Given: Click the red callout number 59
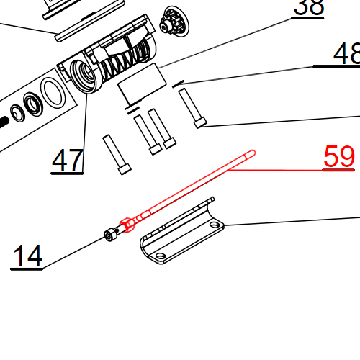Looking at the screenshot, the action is coord(339,157).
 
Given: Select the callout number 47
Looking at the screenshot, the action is coord(68,160).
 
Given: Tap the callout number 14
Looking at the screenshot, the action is coord(27,256).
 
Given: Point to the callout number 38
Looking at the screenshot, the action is coord(309,7).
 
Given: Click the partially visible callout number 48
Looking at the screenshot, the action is coord(347,54).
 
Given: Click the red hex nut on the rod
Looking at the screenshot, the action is coord(127,225).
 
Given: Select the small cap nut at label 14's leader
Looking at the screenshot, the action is coord(110,235).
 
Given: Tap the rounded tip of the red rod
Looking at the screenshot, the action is coord(253,153).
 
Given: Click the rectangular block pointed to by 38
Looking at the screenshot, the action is coord(142,84).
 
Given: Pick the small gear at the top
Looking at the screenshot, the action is coord(174,22).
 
